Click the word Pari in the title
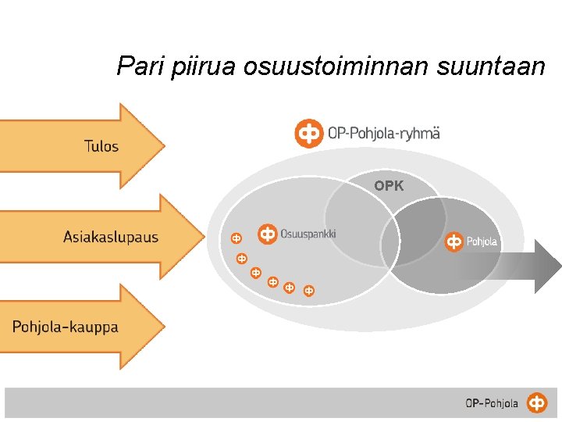(x=137, y=66)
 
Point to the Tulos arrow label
(x=101, y=146)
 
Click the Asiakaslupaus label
(x=111, y=237)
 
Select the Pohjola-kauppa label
(x=66, y=327)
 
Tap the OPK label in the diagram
(x=389, y=186)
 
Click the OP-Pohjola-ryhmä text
(x=384, y=134)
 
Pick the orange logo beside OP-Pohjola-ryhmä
(x=309, y=134)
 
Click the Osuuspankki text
(x=308, y=233)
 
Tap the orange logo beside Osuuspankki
(x=268, y=233)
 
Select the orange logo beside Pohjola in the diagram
(x=454, y=242)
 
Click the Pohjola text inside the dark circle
(x=482, y=242)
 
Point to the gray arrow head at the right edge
(x=547, y=266)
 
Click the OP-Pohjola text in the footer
(x=492, y=403)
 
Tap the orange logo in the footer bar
(x=537, y=403)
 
